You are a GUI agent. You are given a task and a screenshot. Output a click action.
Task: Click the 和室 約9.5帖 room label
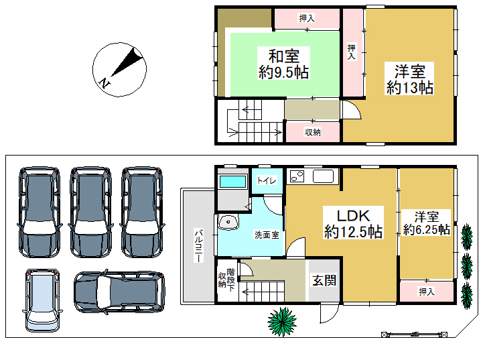(283, 64)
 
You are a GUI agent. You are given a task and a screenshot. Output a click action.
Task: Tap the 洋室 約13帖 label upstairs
(410, 78)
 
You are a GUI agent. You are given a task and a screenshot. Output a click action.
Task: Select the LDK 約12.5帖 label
(353, 223)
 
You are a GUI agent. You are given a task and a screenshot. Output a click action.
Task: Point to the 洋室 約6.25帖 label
(427, 223)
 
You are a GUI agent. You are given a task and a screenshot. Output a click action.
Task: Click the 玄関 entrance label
(324, 280)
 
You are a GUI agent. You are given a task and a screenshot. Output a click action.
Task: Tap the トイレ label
(267, 180)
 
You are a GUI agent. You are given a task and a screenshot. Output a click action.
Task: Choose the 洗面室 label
(267, 235)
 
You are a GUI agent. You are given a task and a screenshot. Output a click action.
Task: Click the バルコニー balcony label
(198, 245)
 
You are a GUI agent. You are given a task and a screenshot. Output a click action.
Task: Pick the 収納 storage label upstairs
(313, 132)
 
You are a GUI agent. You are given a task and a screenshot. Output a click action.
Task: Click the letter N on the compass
(105, 83)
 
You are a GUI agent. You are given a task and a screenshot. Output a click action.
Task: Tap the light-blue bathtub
(233, 182)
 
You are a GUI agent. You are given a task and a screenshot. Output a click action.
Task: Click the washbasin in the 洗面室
(228, 222)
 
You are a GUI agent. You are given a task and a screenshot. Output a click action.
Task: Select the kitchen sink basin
(323, 176)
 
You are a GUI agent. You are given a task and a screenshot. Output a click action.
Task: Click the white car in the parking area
(42, 300)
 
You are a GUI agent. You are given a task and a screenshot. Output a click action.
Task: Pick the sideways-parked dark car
(119, 292)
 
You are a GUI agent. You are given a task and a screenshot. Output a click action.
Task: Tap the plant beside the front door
(281, 322)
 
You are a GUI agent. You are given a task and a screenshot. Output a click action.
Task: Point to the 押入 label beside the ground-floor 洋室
(427, 291)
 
